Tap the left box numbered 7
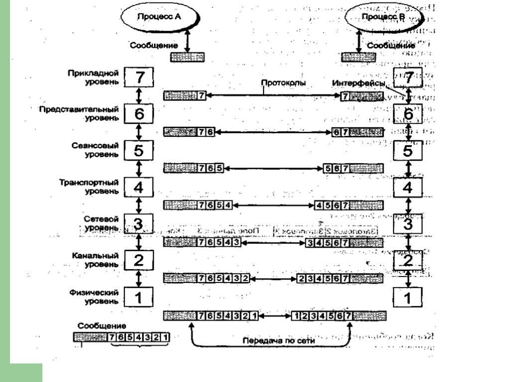[139, 77]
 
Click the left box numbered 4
[139, 188]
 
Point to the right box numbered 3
[408, 224]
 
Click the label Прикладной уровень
[94, 76]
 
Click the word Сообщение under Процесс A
[151, 45]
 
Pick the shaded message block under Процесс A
[187, 57]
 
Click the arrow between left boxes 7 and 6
[139, 95]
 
